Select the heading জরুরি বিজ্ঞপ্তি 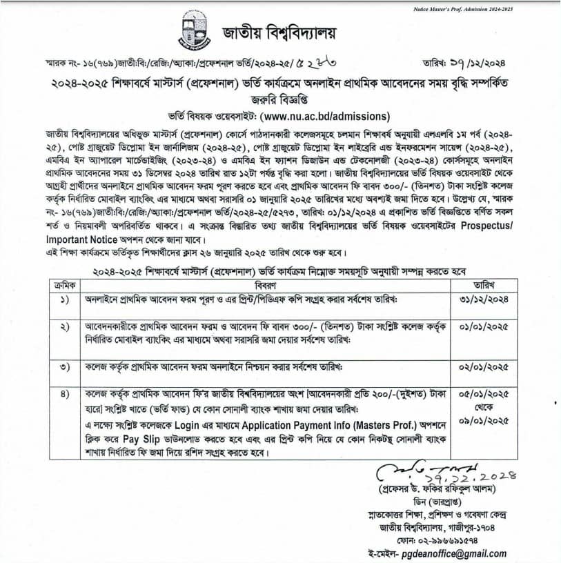pyautogui.click(x=280, y=99)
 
